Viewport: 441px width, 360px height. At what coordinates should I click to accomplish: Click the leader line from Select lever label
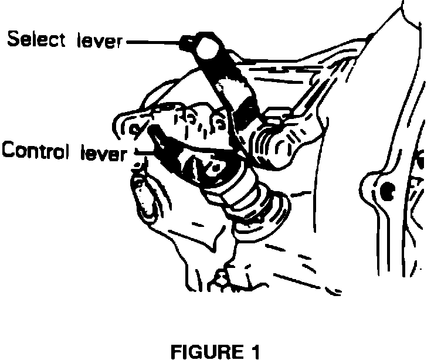[x=154, y=42]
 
